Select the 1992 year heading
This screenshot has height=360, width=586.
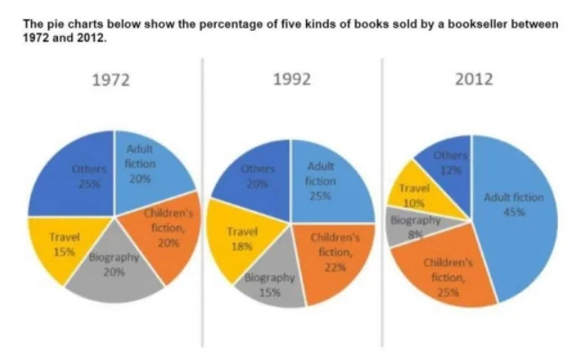pyautogui.click(x=292, y=79)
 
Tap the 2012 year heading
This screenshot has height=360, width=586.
pyautogui.click(x=473, y=79)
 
